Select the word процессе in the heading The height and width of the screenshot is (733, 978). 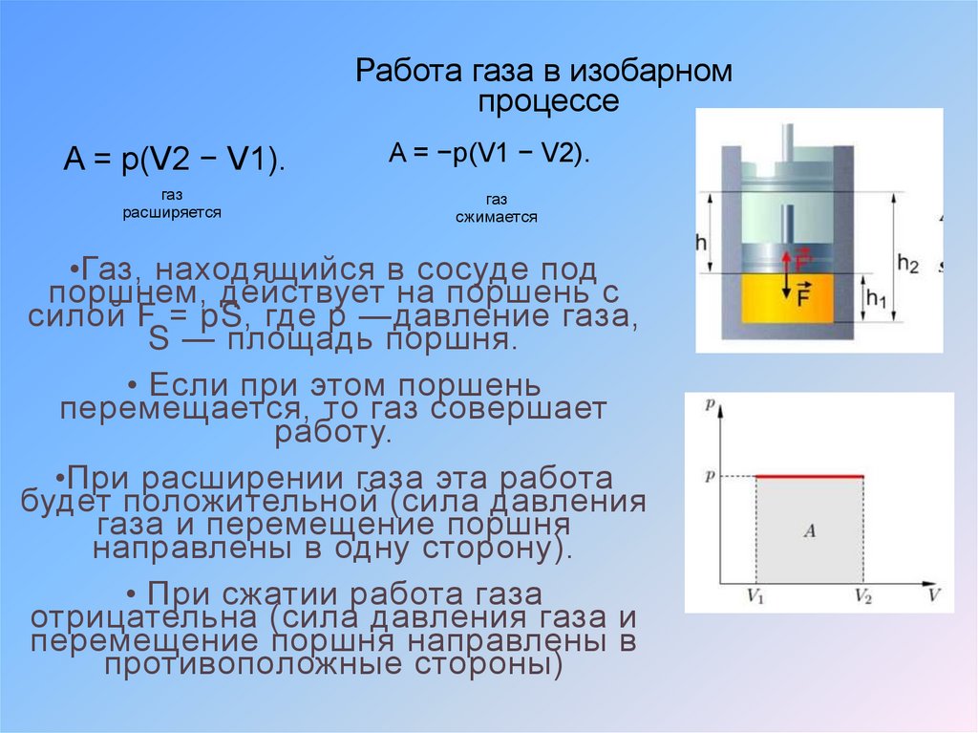coord(548,101)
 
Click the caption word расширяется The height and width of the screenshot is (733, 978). coord(172,213)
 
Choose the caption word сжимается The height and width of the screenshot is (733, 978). coord(496,217)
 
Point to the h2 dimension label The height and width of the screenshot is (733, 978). coord(907,265)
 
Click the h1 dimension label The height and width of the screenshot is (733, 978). coord(876,300)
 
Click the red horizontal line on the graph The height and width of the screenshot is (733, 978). coord(809,476)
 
